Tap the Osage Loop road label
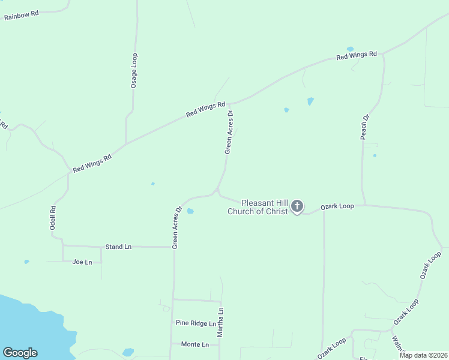tap(134, 71)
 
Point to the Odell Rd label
tap(53, 218)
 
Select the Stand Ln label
tap(118, 247)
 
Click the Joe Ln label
tap(82, 262)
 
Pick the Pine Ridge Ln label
tap(196, 323)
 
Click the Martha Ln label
tap(220, 322)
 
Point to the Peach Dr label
tap(365, 127)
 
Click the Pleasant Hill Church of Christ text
tap(259, 207)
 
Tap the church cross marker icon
tap(297, 207)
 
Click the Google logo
tap(20, 353)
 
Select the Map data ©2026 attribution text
tap(423, 355)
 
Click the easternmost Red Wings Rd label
tap(357, 56)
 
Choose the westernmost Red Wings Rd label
tap(92, 164)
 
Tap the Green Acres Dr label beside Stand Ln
tap(176, 228)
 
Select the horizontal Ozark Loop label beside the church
tap(337, 206)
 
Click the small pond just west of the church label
tap(190, 211)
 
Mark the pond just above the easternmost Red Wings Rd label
tap(350, 49)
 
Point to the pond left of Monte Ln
tap(128, 352)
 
